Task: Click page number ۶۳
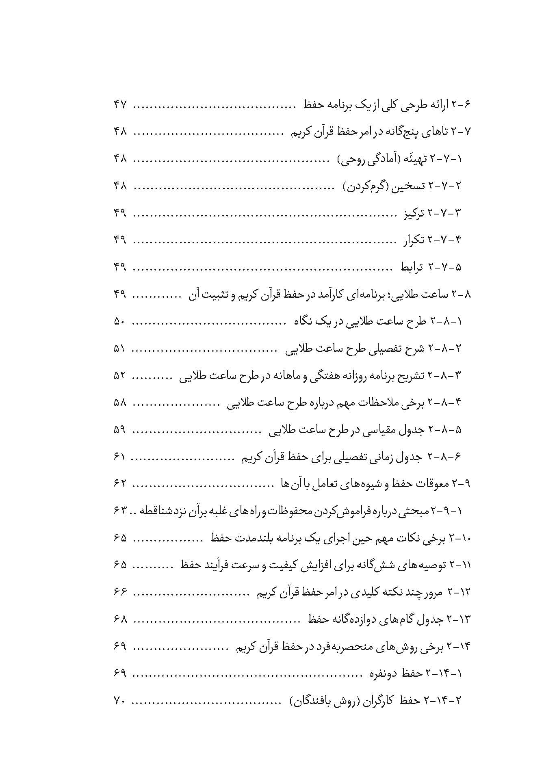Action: [x=121, y=511]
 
